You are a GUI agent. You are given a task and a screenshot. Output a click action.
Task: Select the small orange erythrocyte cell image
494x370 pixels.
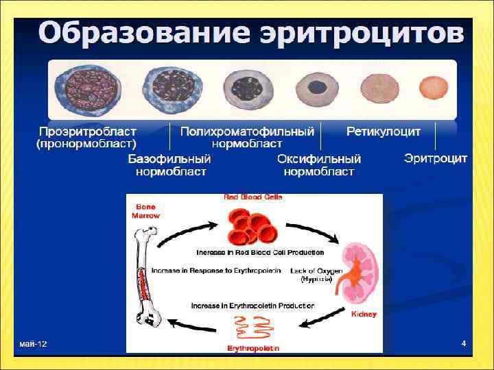point(432,89)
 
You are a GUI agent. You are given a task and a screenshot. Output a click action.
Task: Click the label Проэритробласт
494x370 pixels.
point(88,131)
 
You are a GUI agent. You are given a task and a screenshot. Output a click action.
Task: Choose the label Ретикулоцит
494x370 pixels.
point(383,131)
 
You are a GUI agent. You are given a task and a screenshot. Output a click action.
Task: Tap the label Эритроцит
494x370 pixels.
point(436,158)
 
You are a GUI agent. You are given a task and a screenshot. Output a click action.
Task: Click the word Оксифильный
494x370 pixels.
point(319,158)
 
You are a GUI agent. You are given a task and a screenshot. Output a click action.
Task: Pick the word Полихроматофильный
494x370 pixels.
point(247,131)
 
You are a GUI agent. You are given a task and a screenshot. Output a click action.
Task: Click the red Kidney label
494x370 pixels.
point(363,314)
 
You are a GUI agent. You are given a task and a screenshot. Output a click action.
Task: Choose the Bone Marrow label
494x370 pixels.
point(146,210)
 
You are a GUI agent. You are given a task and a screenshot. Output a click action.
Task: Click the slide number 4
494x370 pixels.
point(464,343)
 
